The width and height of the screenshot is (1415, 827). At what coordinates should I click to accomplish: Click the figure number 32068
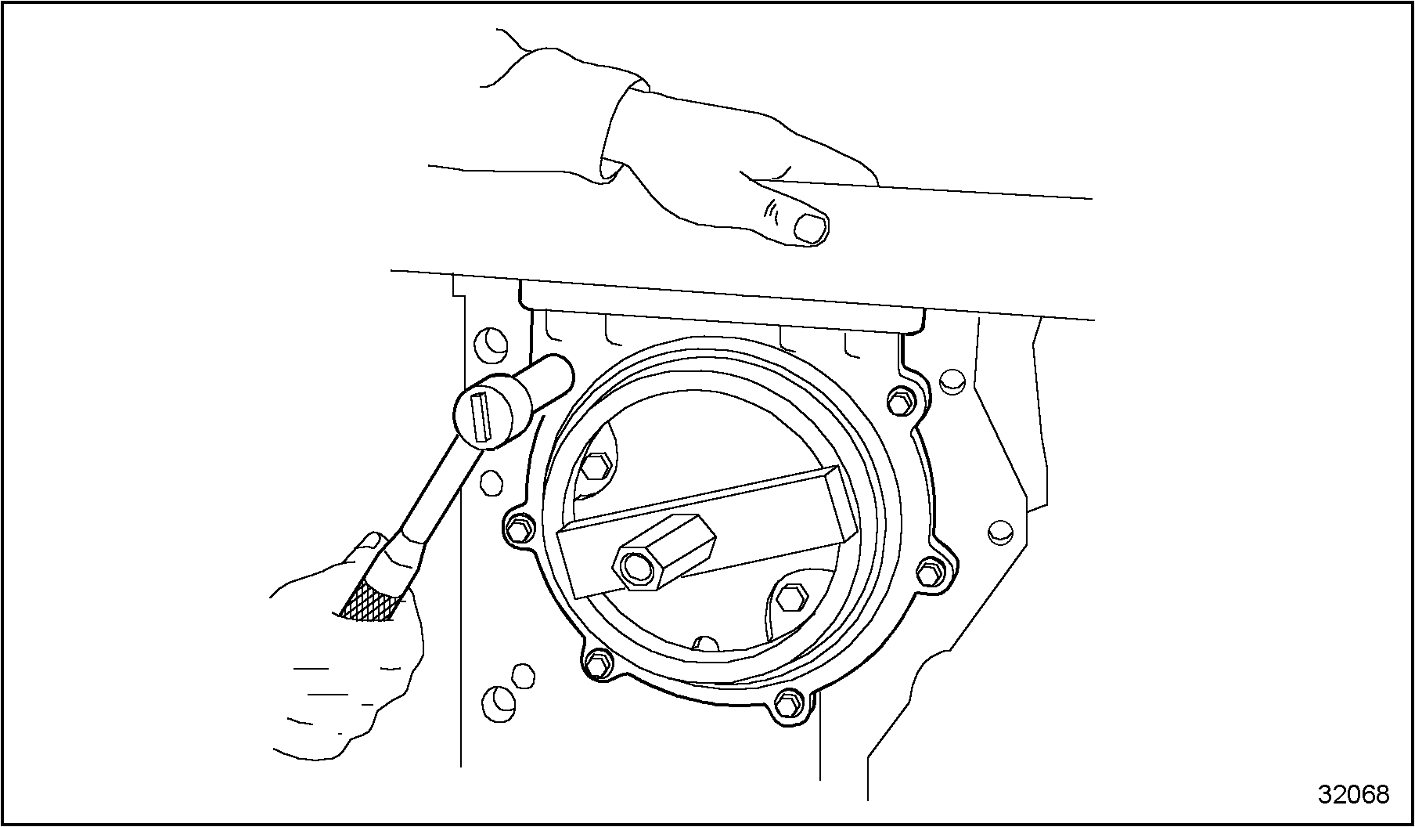pyautogui.click(x=1354, y=794)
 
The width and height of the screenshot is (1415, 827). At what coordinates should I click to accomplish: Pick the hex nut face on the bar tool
pyautogui.click(x=637, y=566)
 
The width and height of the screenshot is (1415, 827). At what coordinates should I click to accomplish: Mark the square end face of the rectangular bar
pyautogui.click(x=844, y=502)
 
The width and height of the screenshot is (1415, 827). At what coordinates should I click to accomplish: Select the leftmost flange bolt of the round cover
pyautogui.click(x=518, y=530)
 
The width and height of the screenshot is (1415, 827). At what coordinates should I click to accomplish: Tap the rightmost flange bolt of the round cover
pyautogui.click(x=928, y=573)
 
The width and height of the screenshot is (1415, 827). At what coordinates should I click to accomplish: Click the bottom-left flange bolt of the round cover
pyautogui.click(x=597, y=663)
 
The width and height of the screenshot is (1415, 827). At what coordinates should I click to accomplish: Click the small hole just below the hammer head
pyautogui.click(x=492, y=482)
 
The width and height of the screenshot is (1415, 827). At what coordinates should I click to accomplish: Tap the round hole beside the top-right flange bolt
pyautogui.click(x=950, y=381)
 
